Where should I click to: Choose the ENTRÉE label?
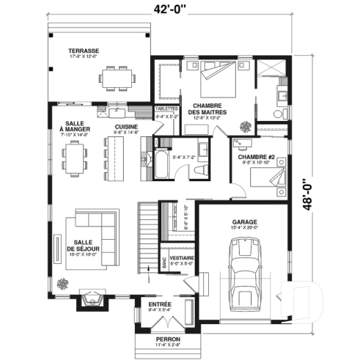(x=160, y=304)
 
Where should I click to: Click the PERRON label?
(x=168, y=339)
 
